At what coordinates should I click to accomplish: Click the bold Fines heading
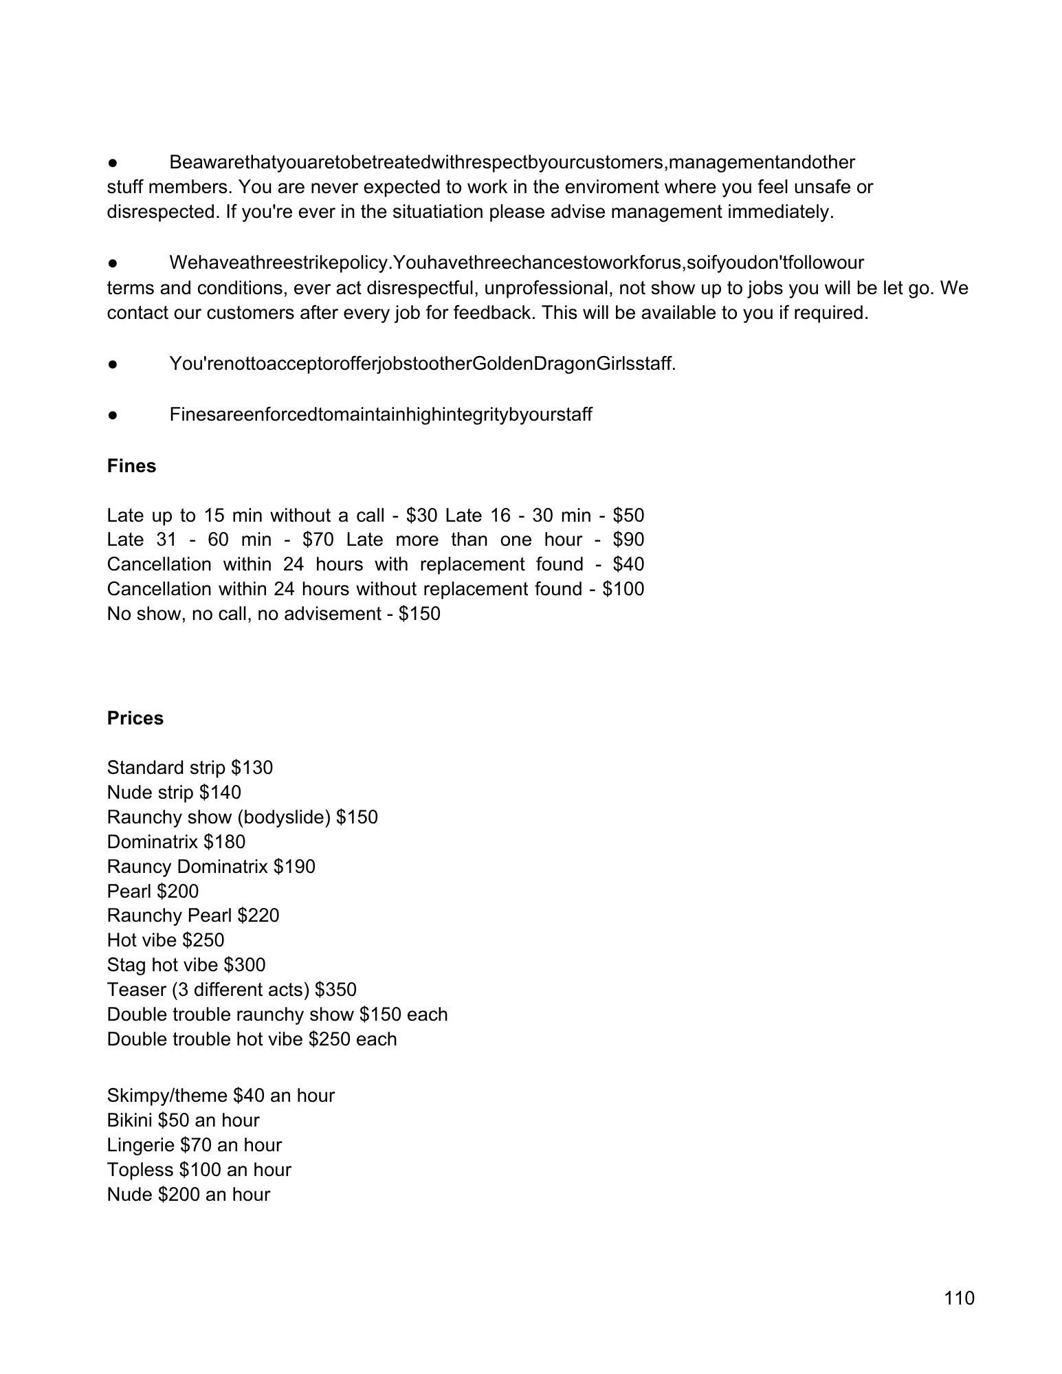pos(131,466)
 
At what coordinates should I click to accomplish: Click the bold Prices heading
pos(135,718)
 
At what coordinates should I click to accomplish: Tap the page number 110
pos(959,1298)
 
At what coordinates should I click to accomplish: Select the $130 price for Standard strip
pos(252,768)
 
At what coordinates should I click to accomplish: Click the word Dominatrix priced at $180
pos(152,842)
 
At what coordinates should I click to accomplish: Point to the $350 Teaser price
pos(335,990)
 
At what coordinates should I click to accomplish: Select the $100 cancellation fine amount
pos(623,589)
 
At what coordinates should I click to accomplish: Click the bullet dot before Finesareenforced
pos(114,414)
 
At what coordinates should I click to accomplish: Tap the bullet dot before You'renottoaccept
pos(114,364)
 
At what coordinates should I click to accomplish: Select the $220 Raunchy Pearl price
pos(258,916)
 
